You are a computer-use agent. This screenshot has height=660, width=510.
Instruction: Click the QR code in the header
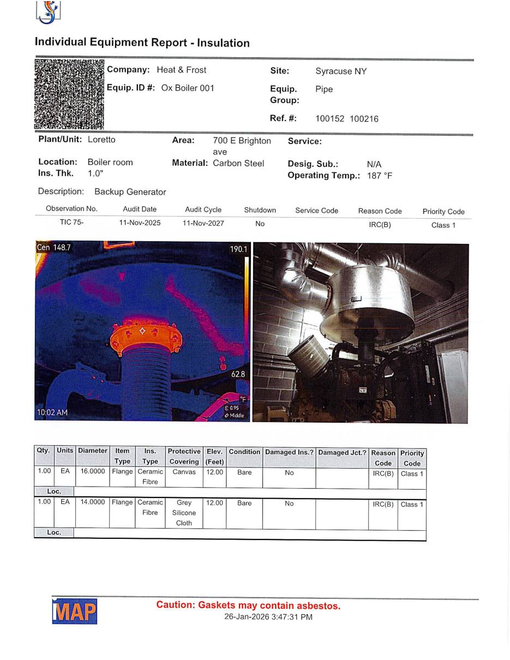69,94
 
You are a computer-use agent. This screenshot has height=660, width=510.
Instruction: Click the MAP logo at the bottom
75,611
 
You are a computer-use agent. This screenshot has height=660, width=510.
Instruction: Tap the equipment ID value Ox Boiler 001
188,88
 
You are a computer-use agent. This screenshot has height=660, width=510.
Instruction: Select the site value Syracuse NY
341,71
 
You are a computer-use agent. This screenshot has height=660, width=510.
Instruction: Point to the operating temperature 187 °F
380,176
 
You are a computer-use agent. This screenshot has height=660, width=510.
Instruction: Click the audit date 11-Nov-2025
140,223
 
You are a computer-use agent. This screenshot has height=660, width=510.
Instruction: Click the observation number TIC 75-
71,223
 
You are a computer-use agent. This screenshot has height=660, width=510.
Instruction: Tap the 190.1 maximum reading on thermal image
238,249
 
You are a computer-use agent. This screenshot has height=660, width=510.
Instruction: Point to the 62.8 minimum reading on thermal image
238,374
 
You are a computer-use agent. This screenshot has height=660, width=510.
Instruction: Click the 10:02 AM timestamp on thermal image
52,412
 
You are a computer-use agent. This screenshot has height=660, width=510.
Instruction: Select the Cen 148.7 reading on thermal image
53,248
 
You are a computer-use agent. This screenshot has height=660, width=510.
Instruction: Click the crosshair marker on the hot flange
142,331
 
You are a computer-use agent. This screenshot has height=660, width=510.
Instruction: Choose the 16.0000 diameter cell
93,471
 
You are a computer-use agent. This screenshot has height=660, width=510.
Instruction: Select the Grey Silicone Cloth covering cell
184,513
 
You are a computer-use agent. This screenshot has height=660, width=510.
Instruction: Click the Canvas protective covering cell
184,472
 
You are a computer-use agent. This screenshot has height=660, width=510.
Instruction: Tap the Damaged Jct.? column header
342,452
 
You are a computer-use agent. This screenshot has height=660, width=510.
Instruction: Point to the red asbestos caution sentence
248,605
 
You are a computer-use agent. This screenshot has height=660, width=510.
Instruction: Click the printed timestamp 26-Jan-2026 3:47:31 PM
268,617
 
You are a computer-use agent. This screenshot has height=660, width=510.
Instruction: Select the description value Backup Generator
130,192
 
